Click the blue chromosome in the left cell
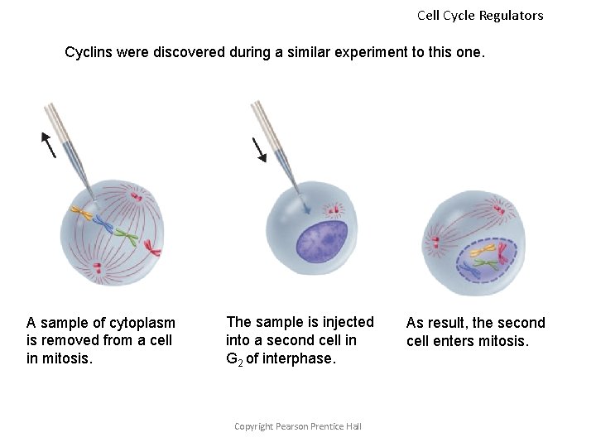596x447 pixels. [103, 223]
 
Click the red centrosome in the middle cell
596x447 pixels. [335, 209]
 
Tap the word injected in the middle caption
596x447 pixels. [348, 322]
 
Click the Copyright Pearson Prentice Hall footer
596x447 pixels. [298, 426]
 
